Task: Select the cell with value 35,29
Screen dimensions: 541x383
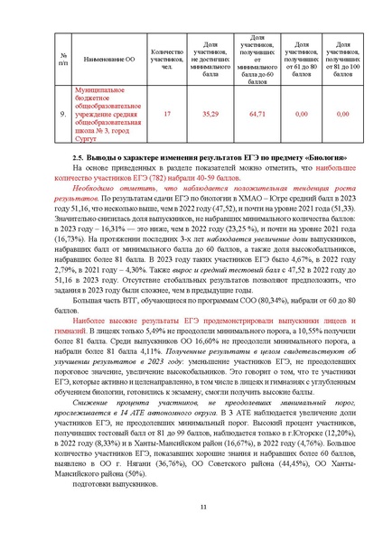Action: pos(210,115)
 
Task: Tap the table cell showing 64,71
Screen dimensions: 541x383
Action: pos(257,115)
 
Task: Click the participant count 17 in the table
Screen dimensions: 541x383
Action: pos(166,115)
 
